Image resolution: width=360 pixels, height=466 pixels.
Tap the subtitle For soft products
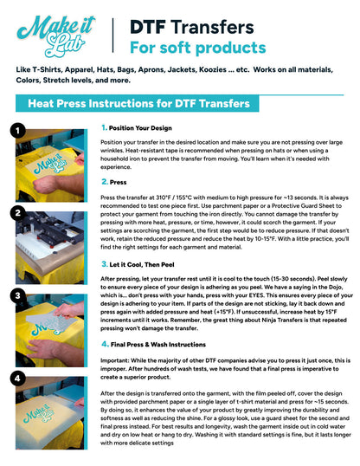coord(197,46)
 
